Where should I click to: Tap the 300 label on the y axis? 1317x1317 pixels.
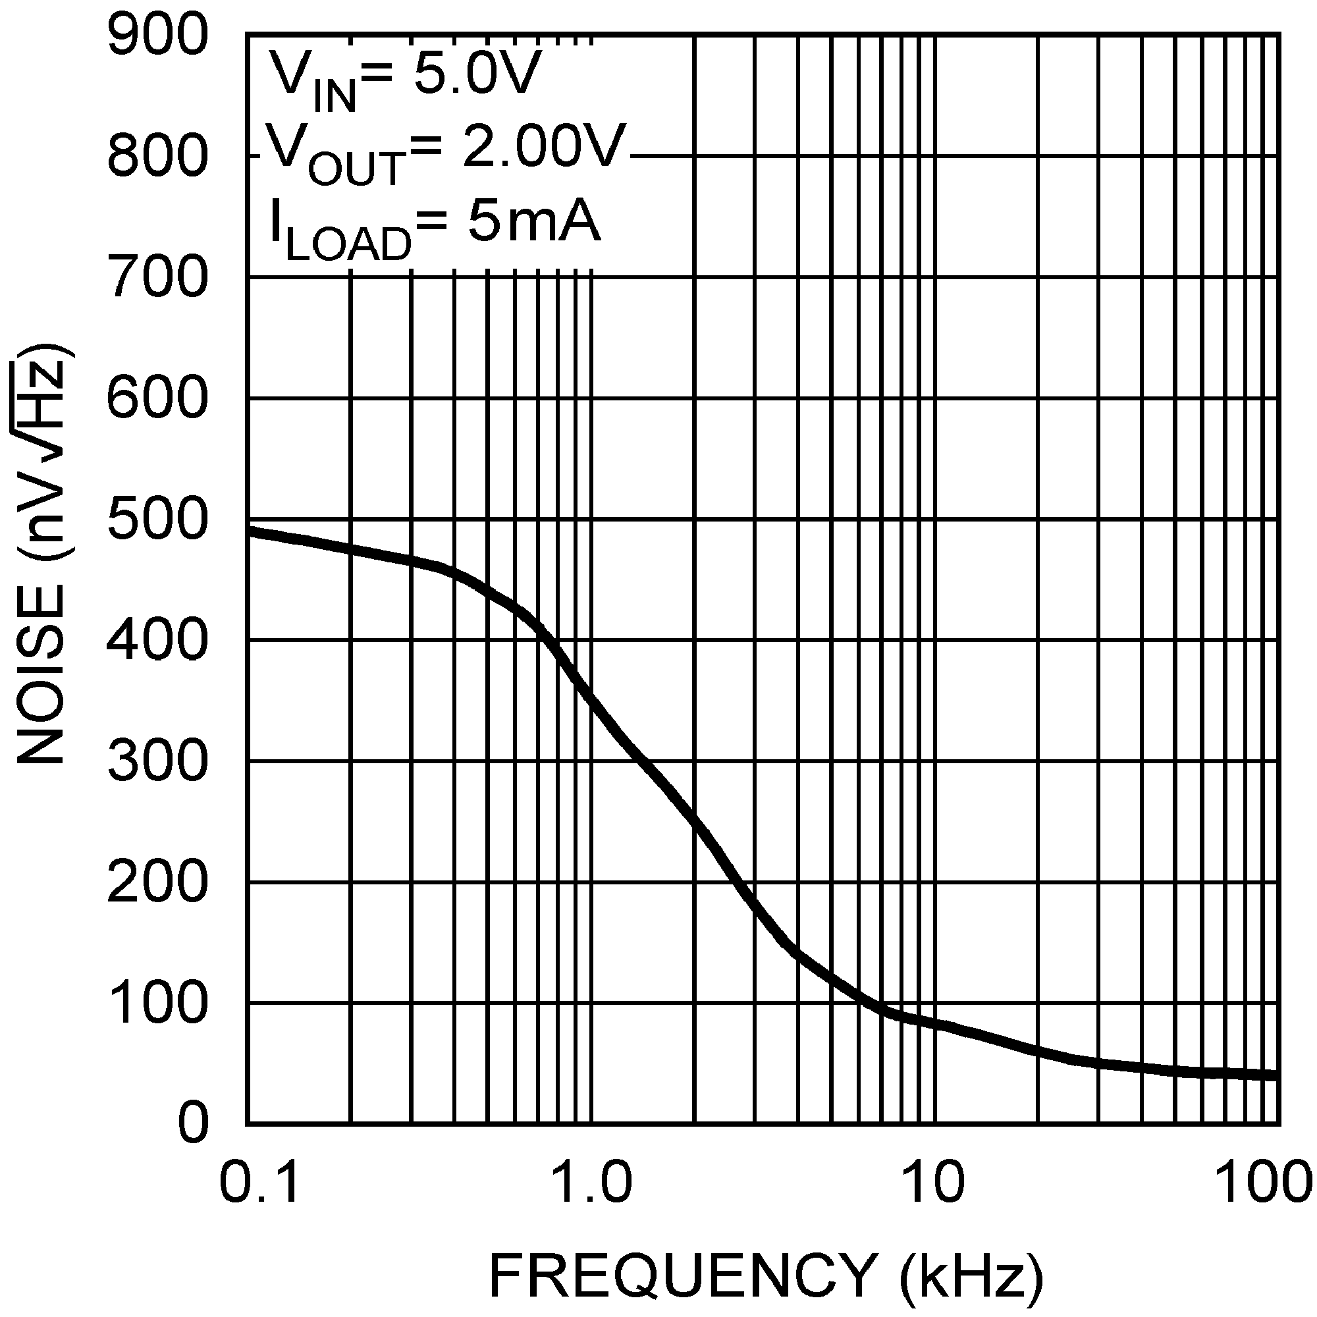click(x=156, y=761)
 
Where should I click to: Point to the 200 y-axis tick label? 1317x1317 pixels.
click(x=156, y=883)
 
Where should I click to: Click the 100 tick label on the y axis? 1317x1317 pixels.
click(x=156, y=1004)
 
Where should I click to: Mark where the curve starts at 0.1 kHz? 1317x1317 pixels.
click(x=248, y=531)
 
